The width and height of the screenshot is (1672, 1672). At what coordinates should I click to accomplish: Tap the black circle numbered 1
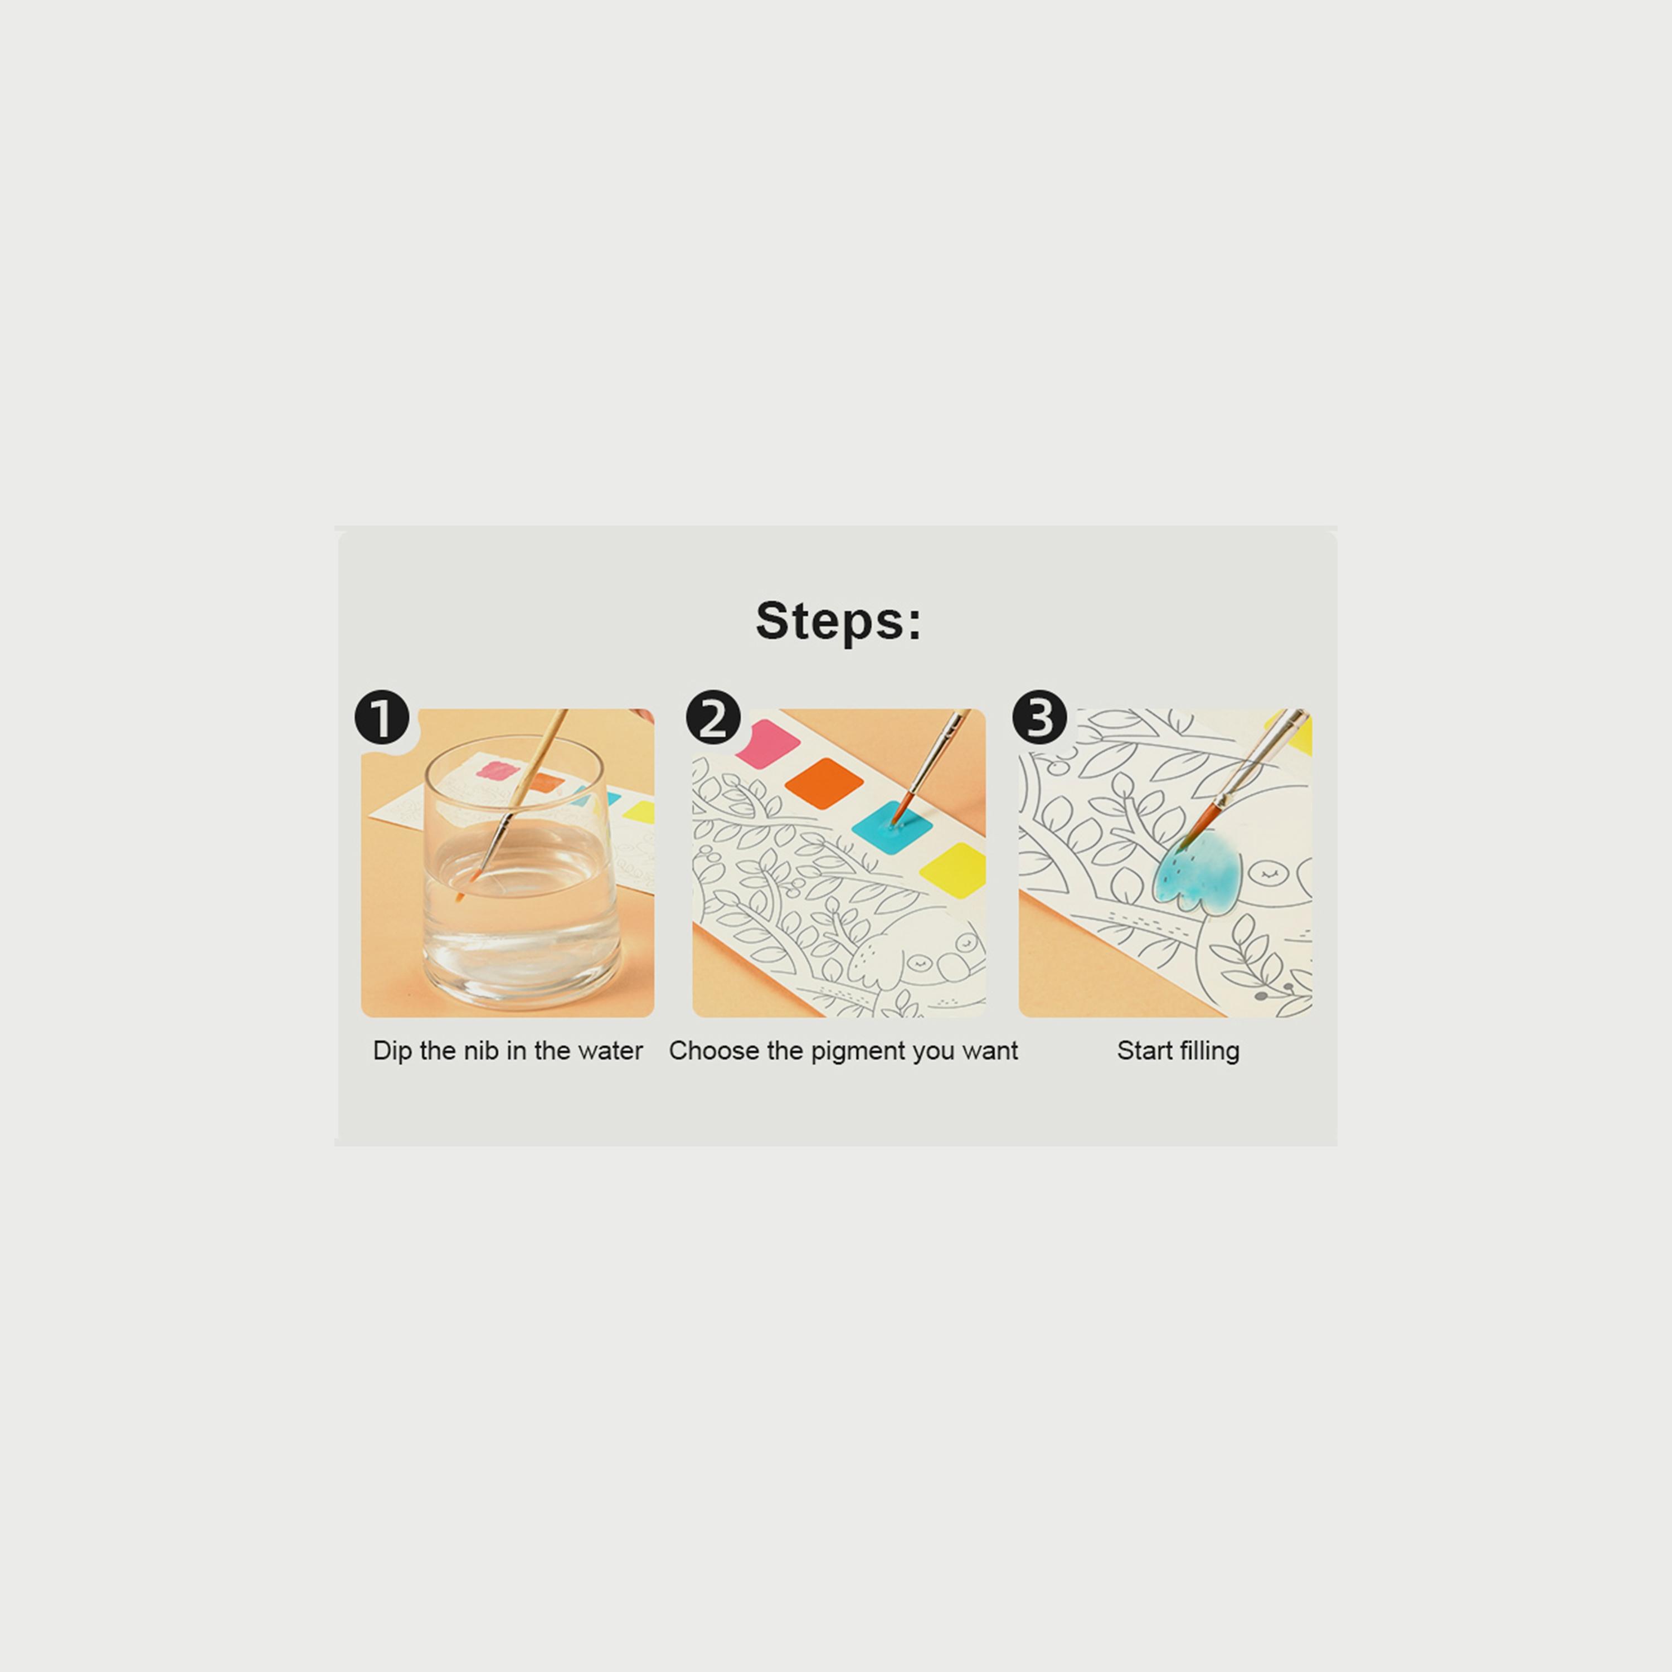click(x=382, y=717)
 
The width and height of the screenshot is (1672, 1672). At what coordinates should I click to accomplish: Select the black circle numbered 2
click(x=713, y=717)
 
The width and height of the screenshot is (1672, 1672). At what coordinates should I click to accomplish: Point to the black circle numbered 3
click(x=1039, y=717)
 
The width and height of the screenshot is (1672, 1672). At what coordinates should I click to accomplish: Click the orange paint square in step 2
click(x=824, y=783)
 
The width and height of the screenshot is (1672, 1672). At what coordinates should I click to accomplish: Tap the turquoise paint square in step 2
click(x=891, y=825)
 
